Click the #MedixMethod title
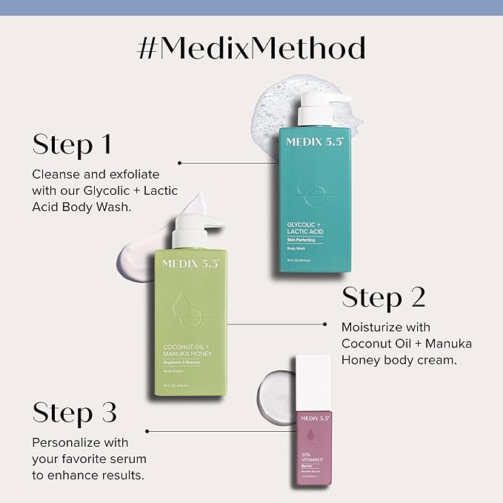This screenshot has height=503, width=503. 251,48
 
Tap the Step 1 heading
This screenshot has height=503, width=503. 72,144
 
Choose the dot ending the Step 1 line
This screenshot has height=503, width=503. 180,161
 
